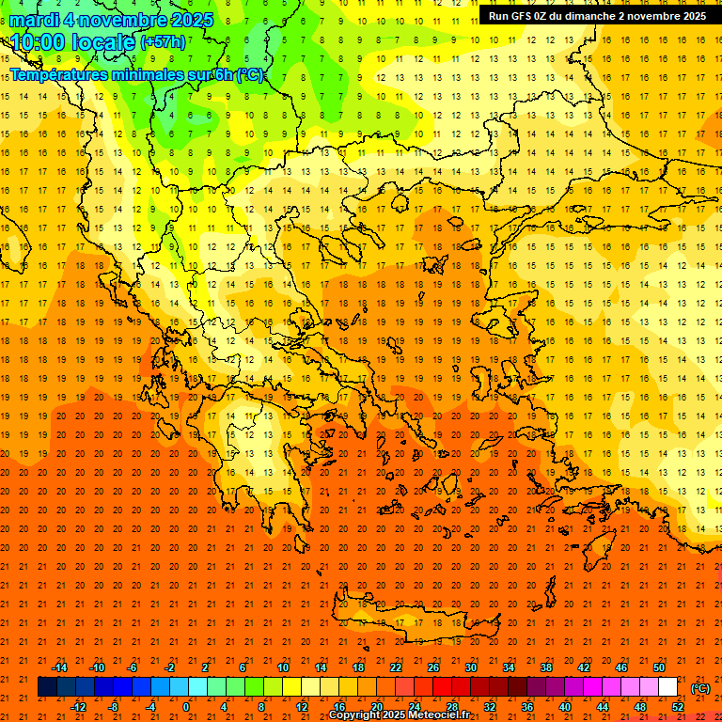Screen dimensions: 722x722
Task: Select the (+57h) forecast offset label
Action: pos(163,43)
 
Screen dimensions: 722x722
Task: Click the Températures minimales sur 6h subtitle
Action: pos(136,75)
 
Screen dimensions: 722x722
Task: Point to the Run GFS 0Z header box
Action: pos(598,16)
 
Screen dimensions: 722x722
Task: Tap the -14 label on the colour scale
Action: pos(59,667)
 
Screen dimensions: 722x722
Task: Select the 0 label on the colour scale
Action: pos(185,707)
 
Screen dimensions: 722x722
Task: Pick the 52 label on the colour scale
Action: pos(678,707)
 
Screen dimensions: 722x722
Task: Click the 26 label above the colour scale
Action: pos(433,667)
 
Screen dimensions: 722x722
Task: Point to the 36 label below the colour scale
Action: pos(527,707)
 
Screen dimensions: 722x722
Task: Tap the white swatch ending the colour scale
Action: pos(667,687)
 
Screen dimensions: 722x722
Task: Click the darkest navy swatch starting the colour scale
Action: pos(47,687)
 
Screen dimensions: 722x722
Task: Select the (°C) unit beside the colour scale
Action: pos(700,688)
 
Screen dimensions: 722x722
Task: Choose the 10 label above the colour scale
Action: pos(282,667)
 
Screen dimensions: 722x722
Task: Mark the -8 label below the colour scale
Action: pos(113,707)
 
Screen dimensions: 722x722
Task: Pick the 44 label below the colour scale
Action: pos(603,707)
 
